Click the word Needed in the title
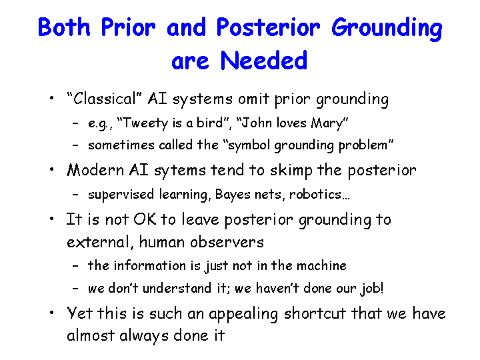(x=263, y=60)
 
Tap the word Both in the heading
(x=64, y=27)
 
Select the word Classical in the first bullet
(x=104, y=99)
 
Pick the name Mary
(x=327, y=123)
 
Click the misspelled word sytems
(x=180, y=171)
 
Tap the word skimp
(x=291, y=170)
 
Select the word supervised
(x=121, y=195)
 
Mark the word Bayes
(x=233, y=195)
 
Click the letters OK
(x=145, y=219)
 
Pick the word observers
(x=227, y=242)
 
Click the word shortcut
(x=315, y=313)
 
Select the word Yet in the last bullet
(x=79, y=313)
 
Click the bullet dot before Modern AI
(x=52, y=169)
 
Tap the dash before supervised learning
(x=75, y=195)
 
